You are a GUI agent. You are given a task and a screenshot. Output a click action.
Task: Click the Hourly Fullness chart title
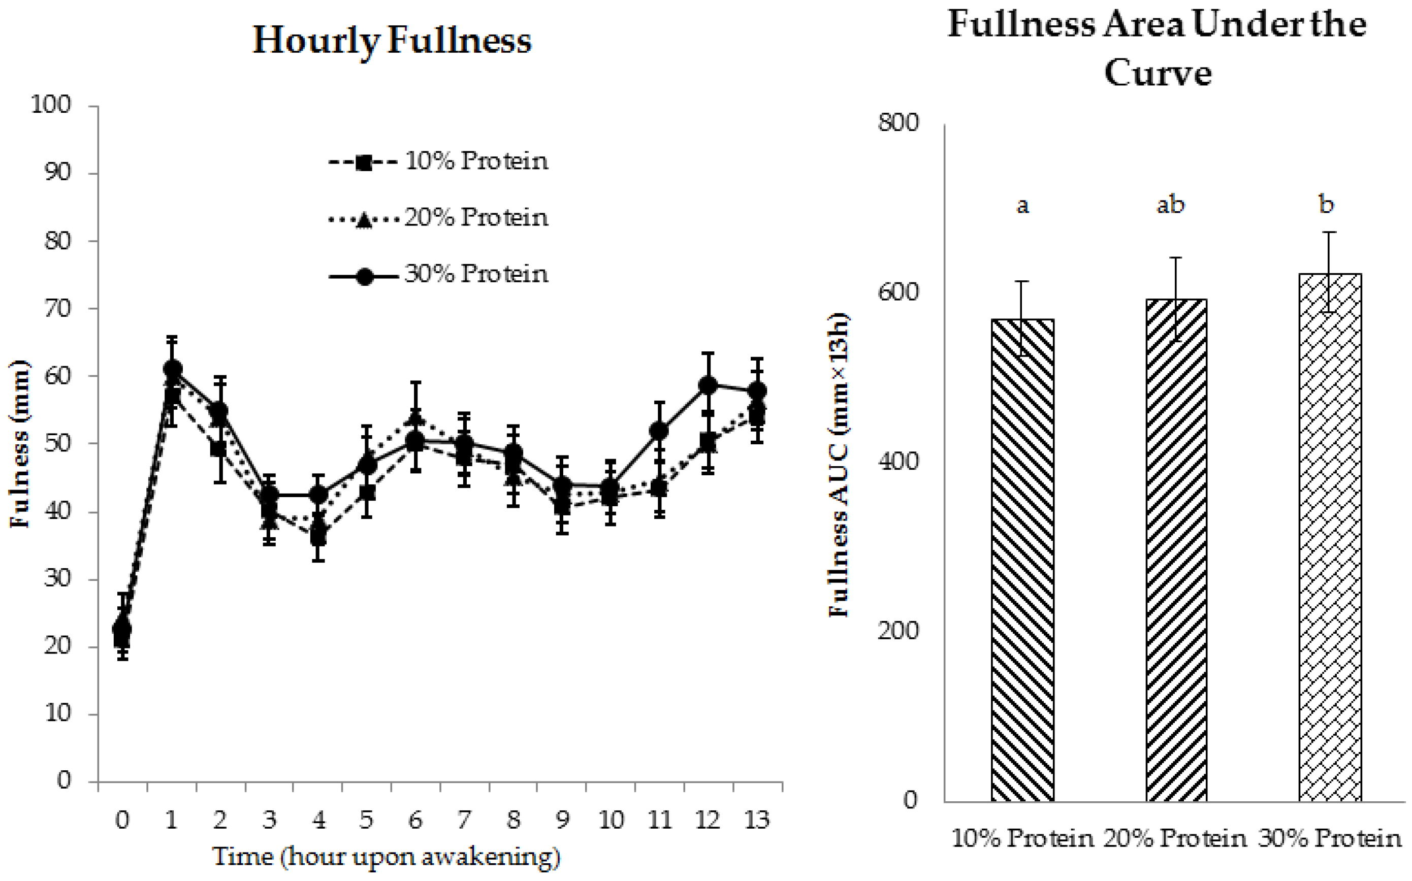[x=392, y=41]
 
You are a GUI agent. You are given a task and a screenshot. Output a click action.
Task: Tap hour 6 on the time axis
[x=415, y=820]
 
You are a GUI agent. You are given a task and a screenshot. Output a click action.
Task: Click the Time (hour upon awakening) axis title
[x=387, y=857]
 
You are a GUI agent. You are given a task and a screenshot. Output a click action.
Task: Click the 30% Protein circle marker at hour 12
[x=708, y=385]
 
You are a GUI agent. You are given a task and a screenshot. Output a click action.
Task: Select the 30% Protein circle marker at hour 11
[x=658, y=431]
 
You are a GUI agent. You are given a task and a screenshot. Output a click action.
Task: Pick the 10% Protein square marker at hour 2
[x=218, y=450]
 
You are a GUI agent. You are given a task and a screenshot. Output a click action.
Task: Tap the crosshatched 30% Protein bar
[x=1330, y=536]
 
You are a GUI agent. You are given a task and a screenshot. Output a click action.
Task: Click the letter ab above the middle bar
[x=1170, y=205]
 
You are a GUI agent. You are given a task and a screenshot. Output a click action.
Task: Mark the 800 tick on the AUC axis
[x=897, y=123]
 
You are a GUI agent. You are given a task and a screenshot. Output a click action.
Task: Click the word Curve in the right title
[x=1158, y=74]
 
